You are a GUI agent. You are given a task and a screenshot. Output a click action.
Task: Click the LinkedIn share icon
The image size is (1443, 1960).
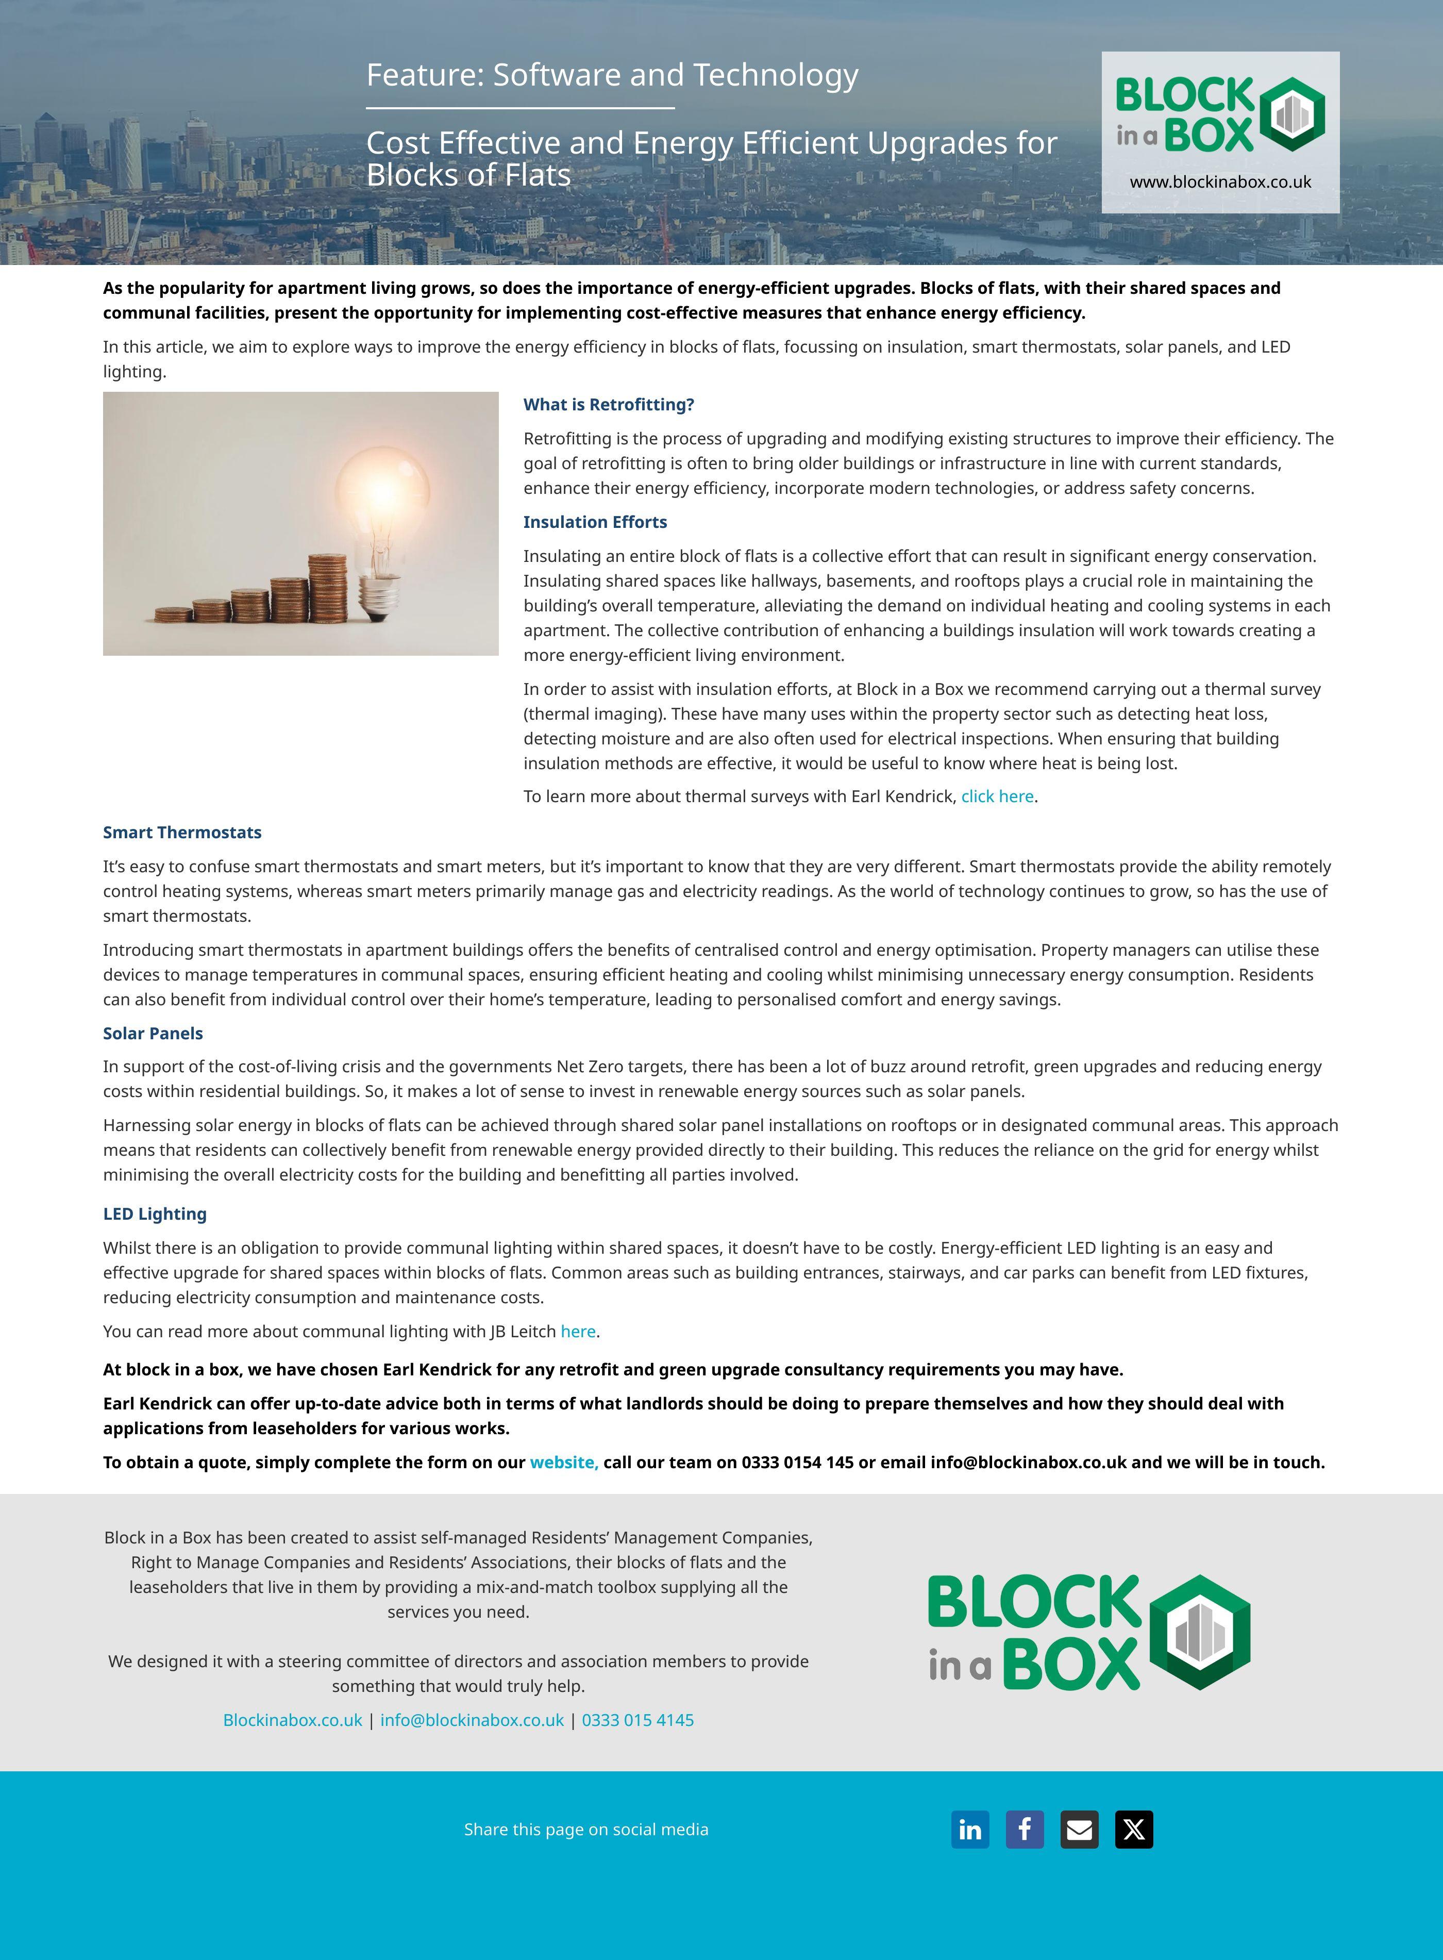coord(969,1829)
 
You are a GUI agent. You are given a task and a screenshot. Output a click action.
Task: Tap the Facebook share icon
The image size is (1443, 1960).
coord(1025,1829)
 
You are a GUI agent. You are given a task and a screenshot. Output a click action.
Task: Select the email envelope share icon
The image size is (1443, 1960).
coord(1080,1829)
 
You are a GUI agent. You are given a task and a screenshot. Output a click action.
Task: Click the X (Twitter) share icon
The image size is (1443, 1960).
coord(1134,1829)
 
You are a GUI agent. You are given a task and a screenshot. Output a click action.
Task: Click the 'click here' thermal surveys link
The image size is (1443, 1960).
coord(998,796)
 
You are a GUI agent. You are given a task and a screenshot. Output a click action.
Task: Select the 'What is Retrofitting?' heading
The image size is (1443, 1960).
coord(609,405)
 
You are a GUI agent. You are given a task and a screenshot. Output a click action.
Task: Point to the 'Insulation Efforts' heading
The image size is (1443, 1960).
coord(595,522)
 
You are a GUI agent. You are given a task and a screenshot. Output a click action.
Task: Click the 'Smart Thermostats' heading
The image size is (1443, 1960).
coord(182,832)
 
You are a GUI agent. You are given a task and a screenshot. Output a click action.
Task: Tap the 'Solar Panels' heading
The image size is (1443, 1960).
coord(153,1033)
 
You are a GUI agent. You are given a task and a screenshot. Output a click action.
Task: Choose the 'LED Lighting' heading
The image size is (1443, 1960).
coord(155,1214)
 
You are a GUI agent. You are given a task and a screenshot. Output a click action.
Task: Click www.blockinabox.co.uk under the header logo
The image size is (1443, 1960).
coord(1220,182)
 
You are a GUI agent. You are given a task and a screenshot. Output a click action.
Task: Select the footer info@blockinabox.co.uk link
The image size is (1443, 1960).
coord(472,1720)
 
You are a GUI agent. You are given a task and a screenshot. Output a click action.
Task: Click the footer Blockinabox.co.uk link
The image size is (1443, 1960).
coord(293,1720)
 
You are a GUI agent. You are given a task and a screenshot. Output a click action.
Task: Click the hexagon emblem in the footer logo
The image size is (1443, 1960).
coord(1199,1632)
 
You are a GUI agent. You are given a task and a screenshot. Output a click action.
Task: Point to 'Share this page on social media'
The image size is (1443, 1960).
coord(586,1829)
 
